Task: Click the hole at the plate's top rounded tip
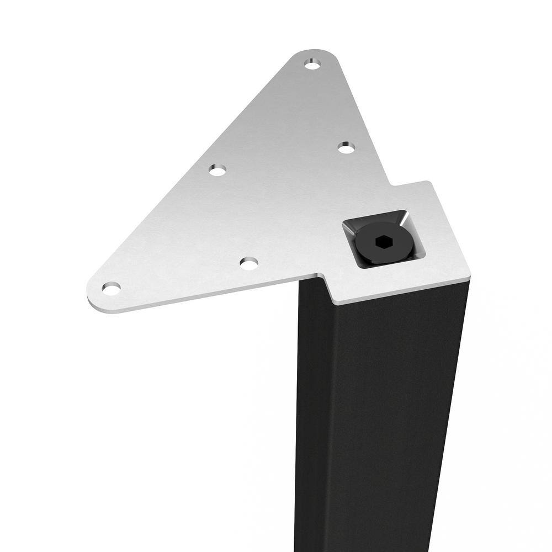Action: [312, 65]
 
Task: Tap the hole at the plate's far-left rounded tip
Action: [111, 288]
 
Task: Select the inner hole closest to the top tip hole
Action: [346, 147]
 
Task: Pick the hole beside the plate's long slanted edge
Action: [217, 170]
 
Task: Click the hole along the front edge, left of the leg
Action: [249, 263]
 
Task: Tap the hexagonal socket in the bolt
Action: [381, 241]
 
